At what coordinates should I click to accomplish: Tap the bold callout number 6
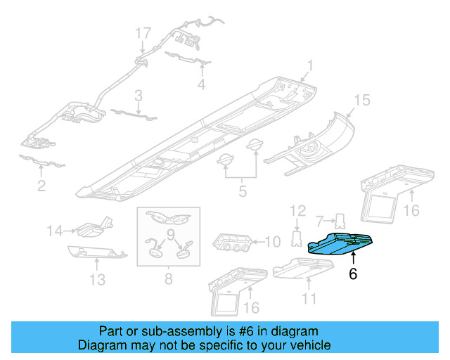tap(353, 274)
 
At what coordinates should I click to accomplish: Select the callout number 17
tap(143, 32)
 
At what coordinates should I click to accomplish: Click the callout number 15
tap(361, 101)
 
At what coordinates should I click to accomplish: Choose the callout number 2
tap(41, 186)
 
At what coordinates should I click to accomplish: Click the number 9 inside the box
tap(169, 233)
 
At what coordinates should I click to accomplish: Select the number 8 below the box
tap(168, 280)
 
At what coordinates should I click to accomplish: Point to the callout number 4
tap(201, 85)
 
